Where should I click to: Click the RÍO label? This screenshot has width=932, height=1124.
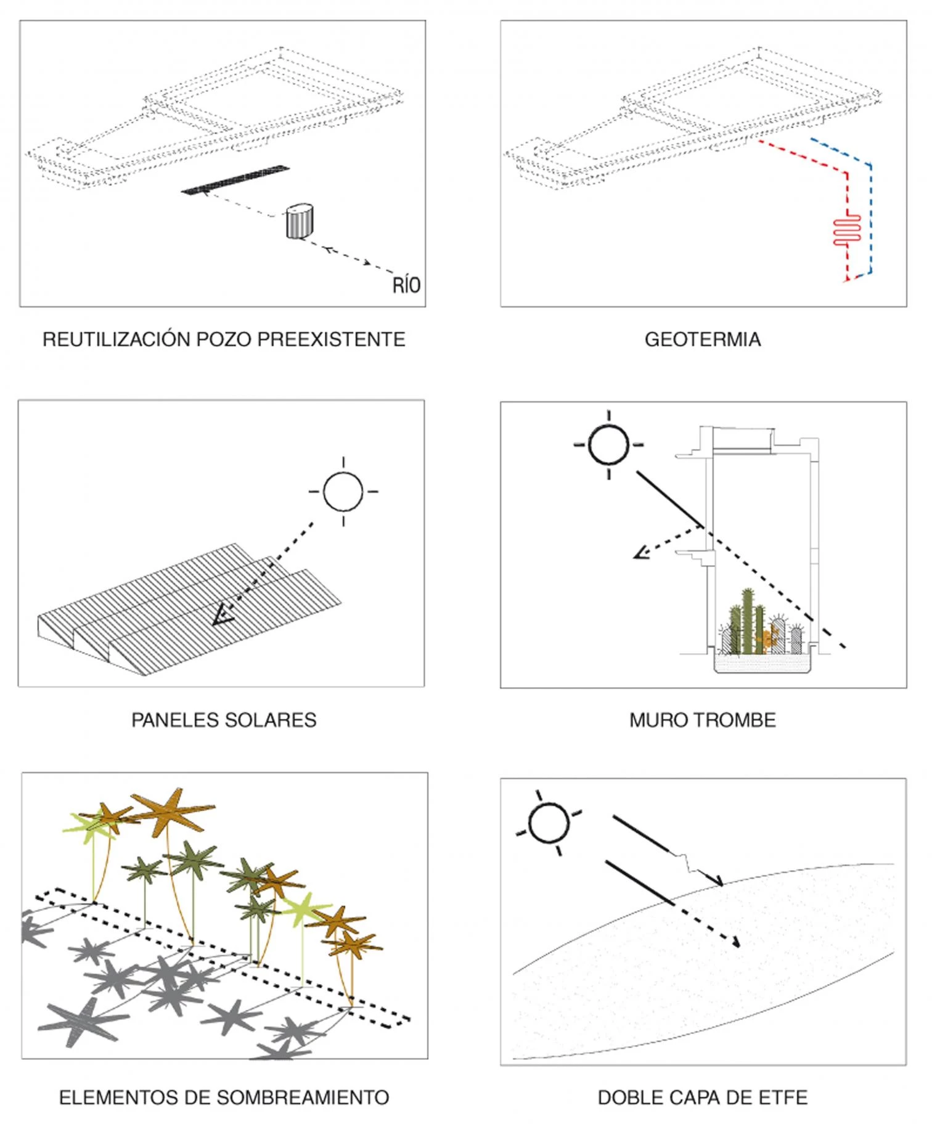406,285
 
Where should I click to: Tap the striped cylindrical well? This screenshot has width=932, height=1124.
300,222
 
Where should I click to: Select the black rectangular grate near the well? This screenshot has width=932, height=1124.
235,179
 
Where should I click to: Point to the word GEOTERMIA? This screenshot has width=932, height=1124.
703,340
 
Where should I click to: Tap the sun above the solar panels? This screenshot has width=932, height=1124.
343,492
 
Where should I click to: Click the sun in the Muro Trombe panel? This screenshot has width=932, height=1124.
609,444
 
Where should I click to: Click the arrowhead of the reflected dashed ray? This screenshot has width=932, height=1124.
640,554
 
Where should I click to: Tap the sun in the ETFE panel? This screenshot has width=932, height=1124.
549,823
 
